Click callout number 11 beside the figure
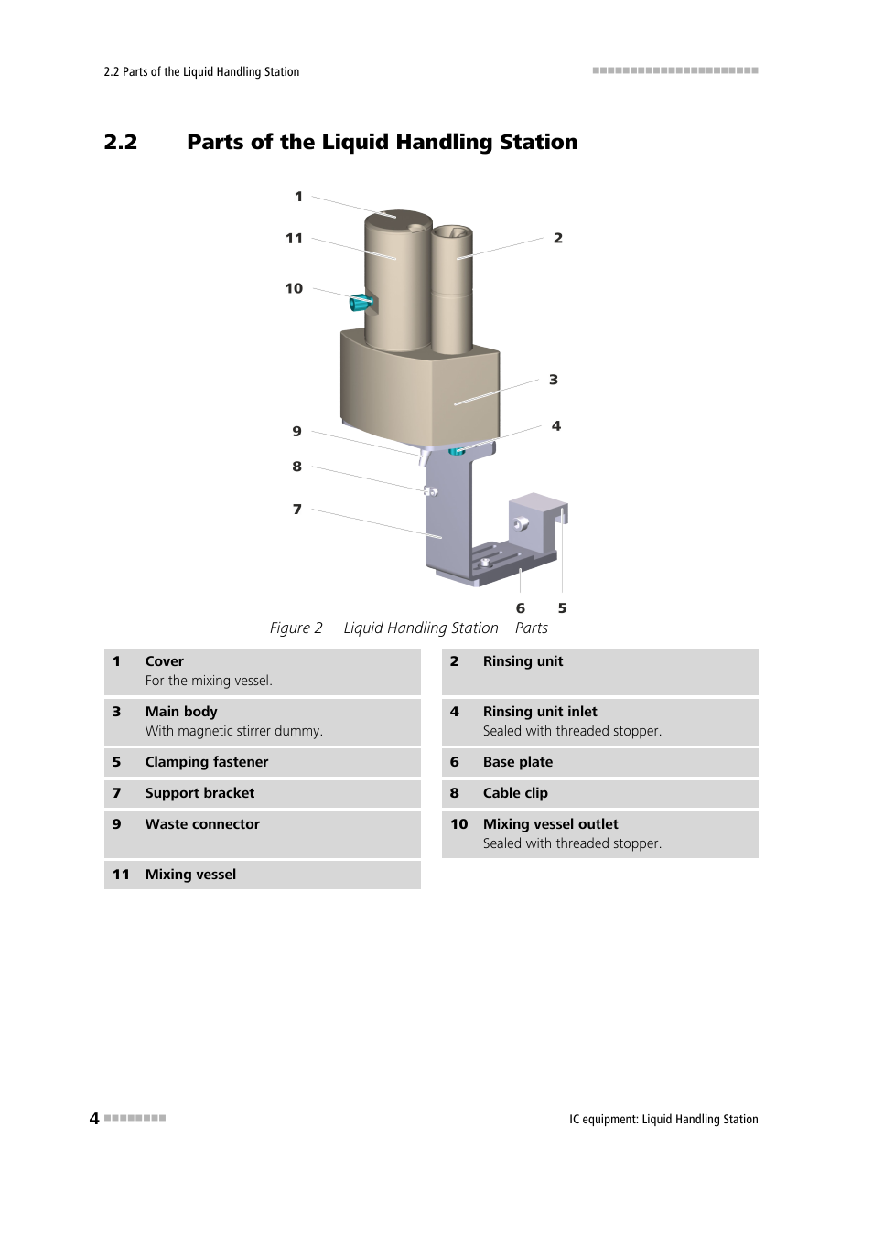(294, 239)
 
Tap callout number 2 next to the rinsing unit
(557, 238)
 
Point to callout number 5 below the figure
(562, 608)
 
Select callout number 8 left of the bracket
(296, 467)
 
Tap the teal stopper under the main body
(457, 450)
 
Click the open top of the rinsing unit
(451, 232)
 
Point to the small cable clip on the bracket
(430, 492)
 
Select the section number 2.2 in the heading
(121, 143)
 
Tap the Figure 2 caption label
(296, 628)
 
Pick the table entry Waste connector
(202, 824)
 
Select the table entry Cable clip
(515, 793)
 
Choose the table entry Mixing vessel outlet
(550, 824)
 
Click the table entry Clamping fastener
(207, 762)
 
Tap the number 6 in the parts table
(455, 762)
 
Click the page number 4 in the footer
(94, 1118)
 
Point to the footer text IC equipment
(602, 1119)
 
